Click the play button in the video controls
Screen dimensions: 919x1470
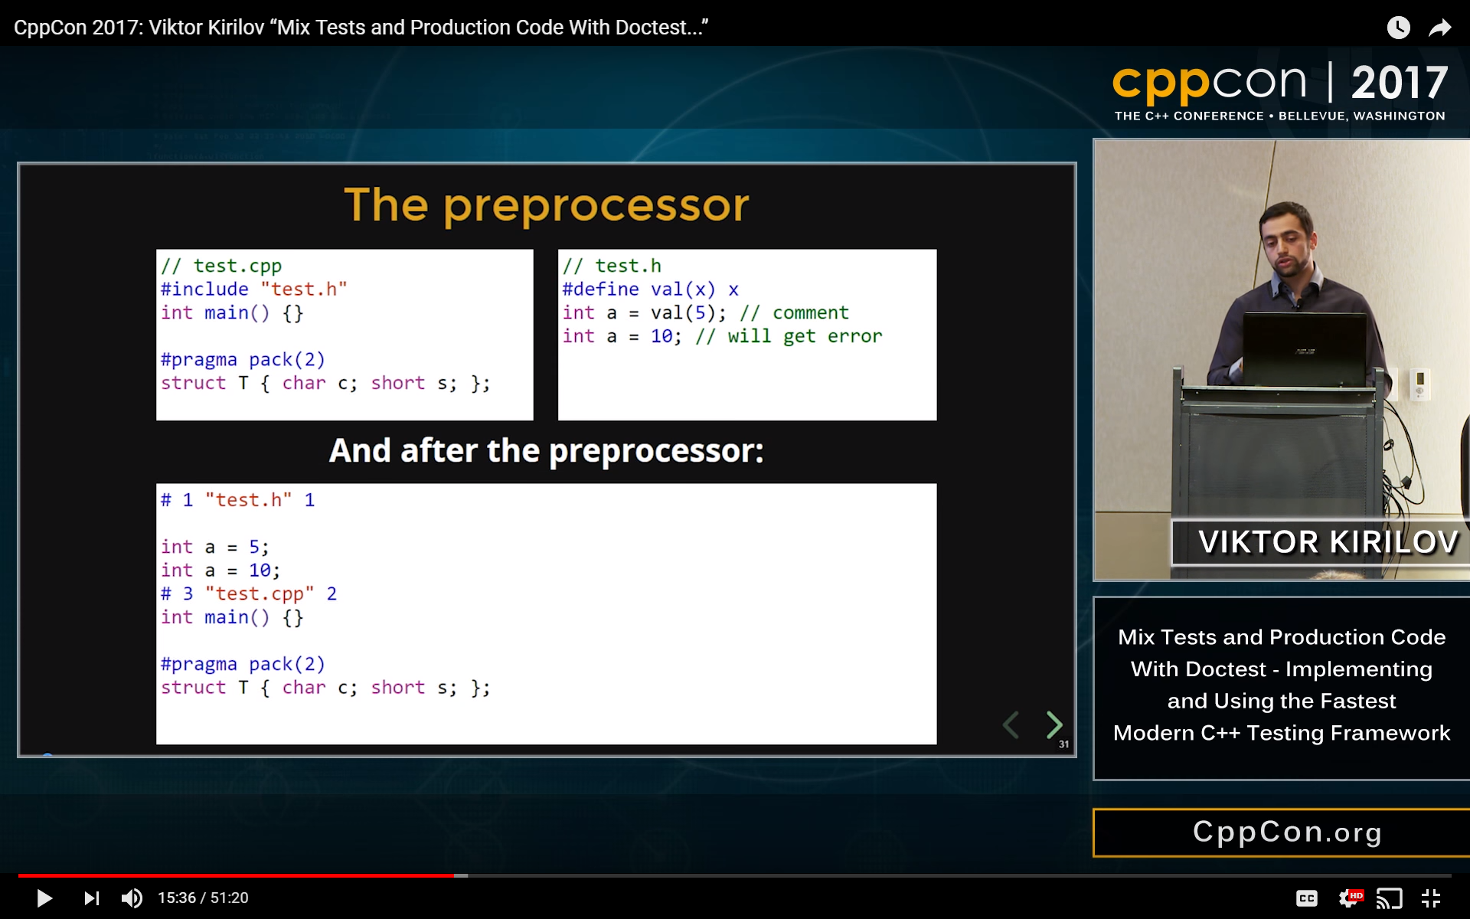(x=44, y=898)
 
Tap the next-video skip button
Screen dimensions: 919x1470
(x=91, y=898)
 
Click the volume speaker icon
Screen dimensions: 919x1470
(x=132, y=898)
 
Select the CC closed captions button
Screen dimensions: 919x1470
(x=1306, y=898)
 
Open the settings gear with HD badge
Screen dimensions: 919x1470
(x=1349, y=898)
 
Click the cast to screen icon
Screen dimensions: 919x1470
(x=1389, y=898)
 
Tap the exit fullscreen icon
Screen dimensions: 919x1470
(x=1430, y=898)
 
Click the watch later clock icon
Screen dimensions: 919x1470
(x=1398, y=28)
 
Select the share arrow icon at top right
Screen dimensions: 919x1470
(x=1440, y=28)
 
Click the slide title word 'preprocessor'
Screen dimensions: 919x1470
(x=596, y=207)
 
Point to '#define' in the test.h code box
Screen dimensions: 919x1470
(x=600, y=289)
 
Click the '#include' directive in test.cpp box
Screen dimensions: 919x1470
(x=204, y=289)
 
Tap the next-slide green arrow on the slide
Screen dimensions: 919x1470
(x=1054, y=724)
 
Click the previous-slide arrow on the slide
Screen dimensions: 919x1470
(x=1011, y=724)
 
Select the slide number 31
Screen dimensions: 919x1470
(x=1063, y=744)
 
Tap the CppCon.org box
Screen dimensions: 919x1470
(x=1286, y=832)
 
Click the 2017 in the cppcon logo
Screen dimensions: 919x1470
(x=1399, y=83)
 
